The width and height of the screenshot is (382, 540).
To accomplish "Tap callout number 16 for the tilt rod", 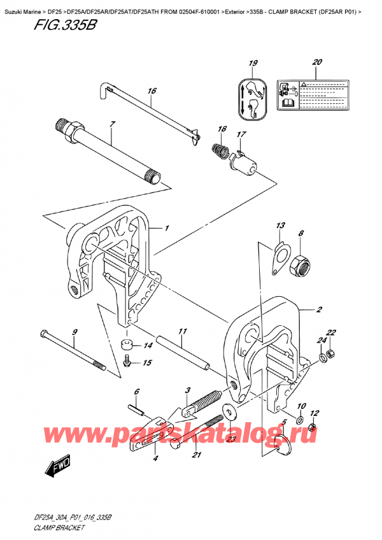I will (151, 91).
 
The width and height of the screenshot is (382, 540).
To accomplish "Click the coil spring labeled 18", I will (220, 153).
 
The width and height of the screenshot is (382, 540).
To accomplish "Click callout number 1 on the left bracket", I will (167, 229).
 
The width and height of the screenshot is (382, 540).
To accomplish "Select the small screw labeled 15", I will (126, 362).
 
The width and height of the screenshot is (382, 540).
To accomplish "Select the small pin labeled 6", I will (135, 408).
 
